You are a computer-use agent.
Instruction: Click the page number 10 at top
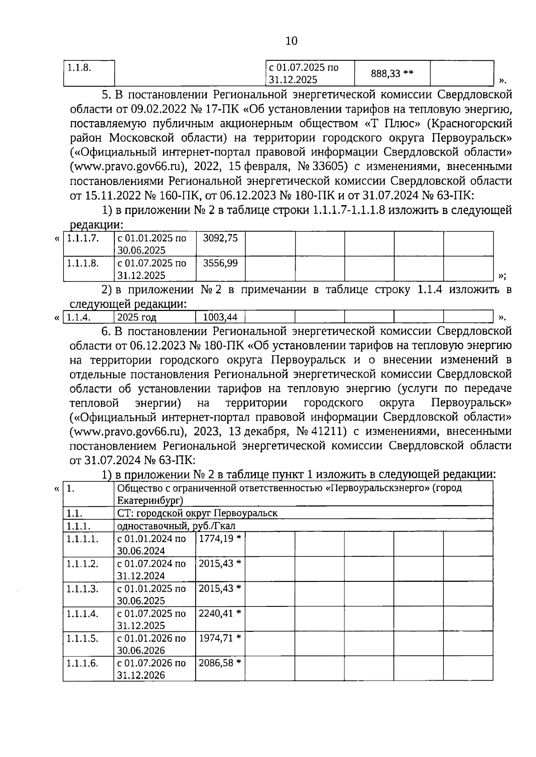click(x=291, y=41)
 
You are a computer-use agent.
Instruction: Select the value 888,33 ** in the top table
click(x=392, y=73)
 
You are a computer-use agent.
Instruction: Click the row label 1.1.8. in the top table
click(x=79, y=67)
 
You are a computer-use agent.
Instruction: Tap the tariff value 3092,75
click(x=220, y=238)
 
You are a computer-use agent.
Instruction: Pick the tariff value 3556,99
click(x=220, y=263)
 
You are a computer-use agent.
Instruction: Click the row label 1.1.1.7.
click(x=83, y=238)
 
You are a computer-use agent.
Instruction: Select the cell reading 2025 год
click(x=137, y=317)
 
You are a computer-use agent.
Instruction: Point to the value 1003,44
click(x=220, y=317)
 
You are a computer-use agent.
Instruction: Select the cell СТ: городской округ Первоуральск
click(x=197, y=513)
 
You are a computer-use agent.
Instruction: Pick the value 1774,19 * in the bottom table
click(x=220, y=538)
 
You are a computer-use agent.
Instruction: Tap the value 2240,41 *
click(x=220, y=614)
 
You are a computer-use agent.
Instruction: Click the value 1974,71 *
click(x=220, y=638)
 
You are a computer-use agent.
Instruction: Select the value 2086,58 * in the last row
click(x=220, y=663)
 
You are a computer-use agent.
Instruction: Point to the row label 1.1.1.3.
click(x=83, y=589)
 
